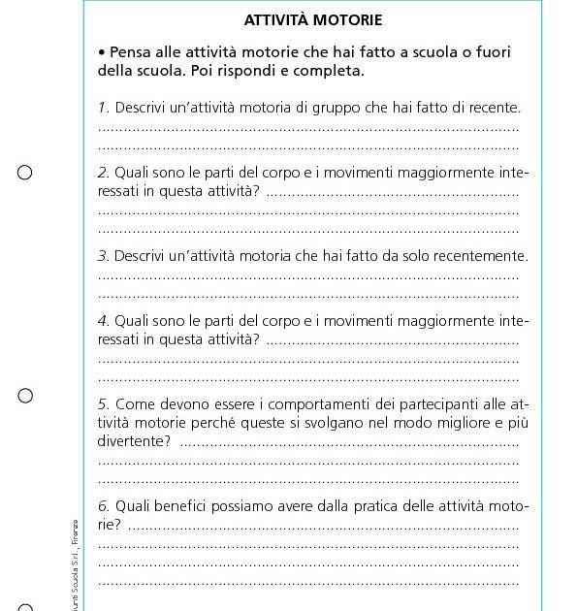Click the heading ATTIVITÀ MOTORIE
click(312, 19)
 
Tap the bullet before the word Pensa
click(102, 52)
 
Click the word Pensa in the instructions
click(131, 52)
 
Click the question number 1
click(103, 107)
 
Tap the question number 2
click(103, 173)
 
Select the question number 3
click(103, 256)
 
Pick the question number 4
click(103, 321)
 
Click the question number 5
click(103, 404)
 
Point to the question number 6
click(103, 506)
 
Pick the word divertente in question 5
click(131, 441)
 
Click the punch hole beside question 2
click(25, 173)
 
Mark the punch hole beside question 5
click(25, 396)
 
